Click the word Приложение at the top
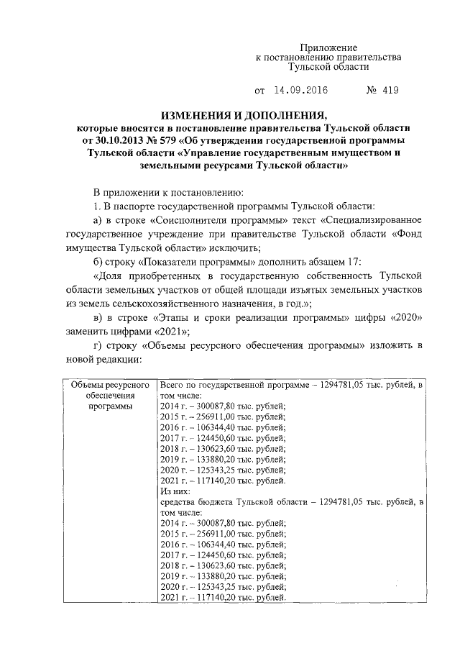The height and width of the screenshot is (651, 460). coord(328,46)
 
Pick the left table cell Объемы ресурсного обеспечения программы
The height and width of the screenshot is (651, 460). coord(110,396)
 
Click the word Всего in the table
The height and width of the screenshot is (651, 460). coord(172,386)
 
